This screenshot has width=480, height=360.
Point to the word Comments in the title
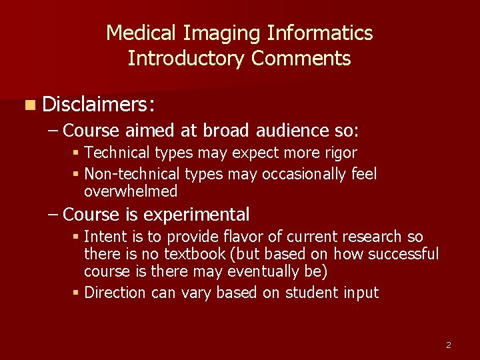[301, 59]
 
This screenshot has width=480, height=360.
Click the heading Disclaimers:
[99, 104]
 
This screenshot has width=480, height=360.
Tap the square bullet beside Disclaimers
[31, 105]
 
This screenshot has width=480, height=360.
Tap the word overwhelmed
[131, 192]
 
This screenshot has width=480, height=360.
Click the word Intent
[105, 237]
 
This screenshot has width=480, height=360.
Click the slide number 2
[448, 345]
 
